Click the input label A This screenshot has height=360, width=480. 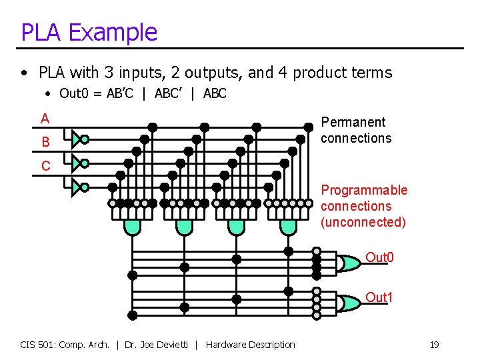point(45,119)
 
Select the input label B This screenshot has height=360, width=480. point(45,142)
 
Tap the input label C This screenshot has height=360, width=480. point(45,166)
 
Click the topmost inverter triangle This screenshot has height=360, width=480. point(77,139)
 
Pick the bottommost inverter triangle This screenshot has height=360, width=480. point(77,187)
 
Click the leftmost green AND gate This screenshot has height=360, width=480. point(133,227)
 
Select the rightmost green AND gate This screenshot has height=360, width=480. point(288,227)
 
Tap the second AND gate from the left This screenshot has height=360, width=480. point(185,227)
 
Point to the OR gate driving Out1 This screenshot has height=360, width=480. point(347,303)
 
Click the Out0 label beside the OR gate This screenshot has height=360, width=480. point(379,257)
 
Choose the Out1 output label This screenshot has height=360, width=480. point(379,297)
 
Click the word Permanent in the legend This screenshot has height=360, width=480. point(353,122)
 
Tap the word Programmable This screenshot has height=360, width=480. point(363,190)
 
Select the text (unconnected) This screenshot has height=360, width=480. point(363,222)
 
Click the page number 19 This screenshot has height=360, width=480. point(434,345)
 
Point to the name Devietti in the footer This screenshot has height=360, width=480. point(174,345)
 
